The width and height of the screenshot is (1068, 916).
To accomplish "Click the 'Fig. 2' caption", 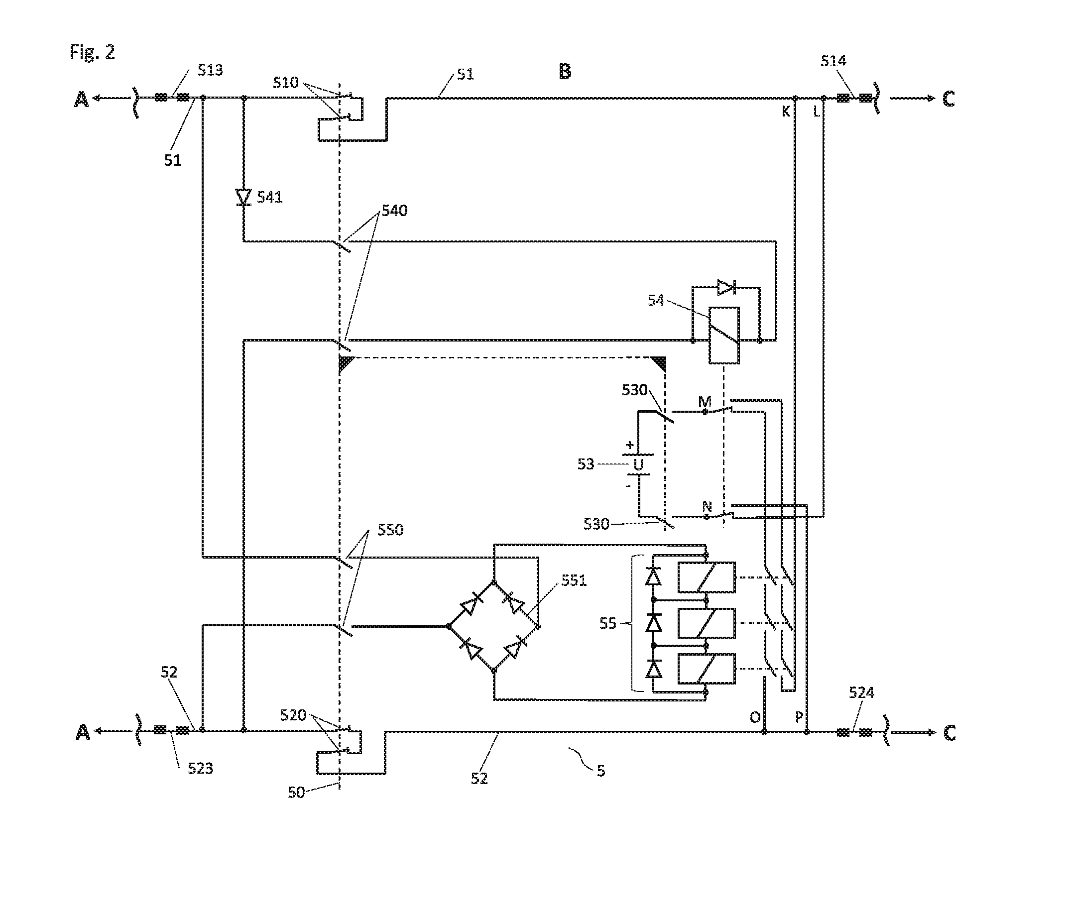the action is tap(93, 52).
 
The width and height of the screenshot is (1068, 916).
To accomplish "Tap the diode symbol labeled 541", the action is tap(243, 198).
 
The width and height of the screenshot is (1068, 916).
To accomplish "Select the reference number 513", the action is tap(210, 70).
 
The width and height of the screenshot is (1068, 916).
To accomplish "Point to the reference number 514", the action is tap(833, 61).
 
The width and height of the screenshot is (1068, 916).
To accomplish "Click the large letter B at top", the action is tap(565, 72).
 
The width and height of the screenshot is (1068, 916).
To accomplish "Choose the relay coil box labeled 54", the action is tap(724, 335).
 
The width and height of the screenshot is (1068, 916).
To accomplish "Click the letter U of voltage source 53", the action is tap(639, 465).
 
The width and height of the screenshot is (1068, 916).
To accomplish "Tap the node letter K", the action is tap(786, 112).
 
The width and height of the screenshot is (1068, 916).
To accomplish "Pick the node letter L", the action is tap(817, 112).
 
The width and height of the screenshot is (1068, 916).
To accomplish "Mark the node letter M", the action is tap(705, 401).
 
